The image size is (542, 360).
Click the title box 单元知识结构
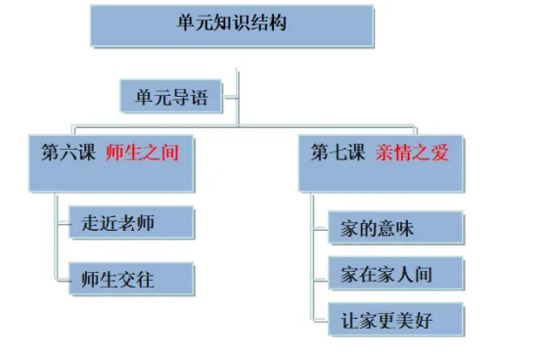tap(232, 25)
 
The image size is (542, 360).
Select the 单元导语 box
tap(171, 96)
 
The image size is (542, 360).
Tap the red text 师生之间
tap(143, 152)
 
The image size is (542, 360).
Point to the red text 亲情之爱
tap(412, 152)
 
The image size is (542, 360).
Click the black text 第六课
tap(68, 152)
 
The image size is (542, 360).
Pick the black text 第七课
tap(338, 152)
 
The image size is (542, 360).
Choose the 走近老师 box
tap(131, 222)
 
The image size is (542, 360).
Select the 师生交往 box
tap(131, 279)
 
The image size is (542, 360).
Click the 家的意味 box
tap(395, 228)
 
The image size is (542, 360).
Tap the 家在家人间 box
tap(395, 274)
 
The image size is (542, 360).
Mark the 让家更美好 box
tap(395, 320)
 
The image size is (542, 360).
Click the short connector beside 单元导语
tap(230, 97)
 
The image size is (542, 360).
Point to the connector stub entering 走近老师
tap(63, 224)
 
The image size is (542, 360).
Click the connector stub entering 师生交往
tap(63, 279)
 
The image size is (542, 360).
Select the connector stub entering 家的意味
tap(321, 228)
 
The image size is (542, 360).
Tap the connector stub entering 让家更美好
tap(321, 320)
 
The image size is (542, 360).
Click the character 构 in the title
tap(277, 22)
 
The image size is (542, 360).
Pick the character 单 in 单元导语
tap(145, 97)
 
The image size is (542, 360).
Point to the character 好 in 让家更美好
tap(423, 321)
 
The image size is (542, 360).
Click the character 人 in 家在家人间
tap(404, 275)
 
